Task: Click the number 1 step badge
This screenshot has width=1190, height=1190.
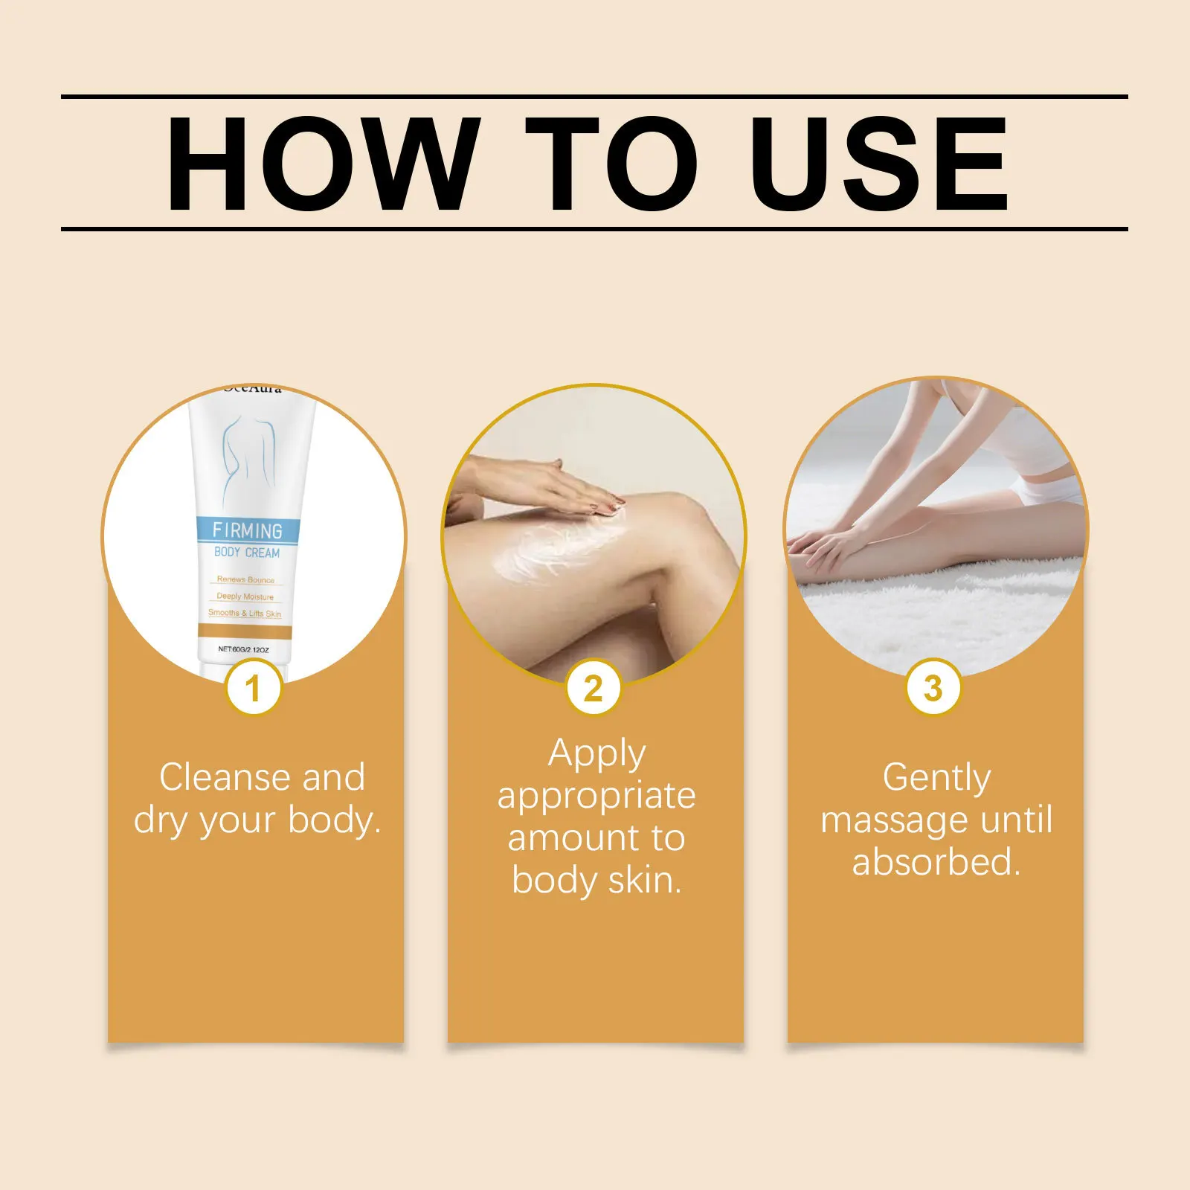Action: [x=253, y=688]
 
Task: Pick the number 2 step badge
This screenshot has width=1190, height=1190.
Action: [x=593, y=688]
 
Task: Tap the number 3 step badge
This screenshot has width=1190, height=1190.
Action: [x=933, y=688]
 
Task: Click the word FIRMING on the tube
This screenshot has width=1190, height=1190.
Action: [x=247, y=530]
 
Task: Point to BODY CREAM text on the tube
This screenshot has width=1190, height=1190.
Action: [x=247, y=553]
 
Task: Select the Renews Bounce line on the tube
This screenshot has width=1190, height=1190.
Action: [x=245, y=579]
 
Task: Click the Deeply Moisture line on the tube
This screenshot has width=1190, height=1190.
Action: [x=245, y=596]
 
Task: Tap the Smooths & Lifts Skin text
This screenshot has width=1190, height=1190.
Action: [x=245, y=614]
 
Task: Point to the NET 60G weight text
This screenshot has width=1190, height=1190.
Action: [x=243, y=649]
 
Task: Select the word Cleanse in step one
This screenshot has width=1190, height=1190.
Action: [x=225, y=778]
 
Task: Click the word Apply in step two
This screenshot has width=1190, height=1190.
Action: [x=596, y=754]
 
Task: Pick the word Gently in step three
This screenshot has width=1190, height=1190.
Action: [x=936, y=779]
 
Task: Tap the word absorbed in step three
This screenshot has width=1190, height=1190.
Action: [x=936, y=863]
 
